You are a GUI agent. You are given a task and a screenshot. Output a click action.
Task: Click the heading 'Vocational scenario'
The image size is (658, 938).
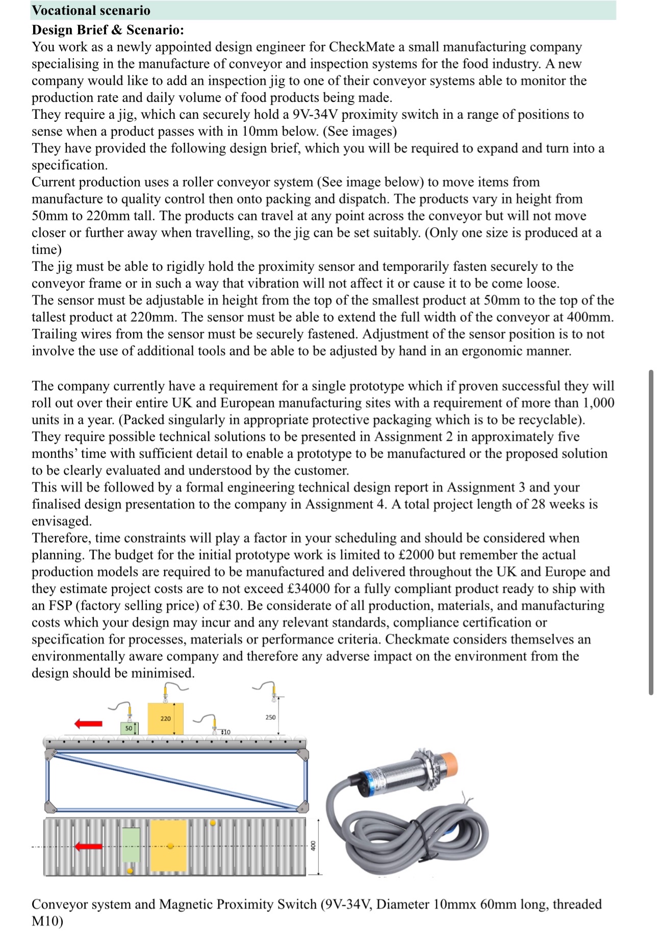(91, 10)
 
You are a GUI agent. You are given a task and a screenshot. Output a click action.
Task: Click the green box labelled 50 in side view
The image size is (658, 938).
(129, 728)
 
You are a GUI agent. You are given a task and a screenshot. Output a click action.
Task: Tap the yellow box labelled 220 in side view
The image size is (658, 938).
(165, 719)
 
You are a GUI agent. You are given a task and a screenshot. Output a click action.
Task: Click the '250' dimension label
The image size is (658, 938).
(270, 717)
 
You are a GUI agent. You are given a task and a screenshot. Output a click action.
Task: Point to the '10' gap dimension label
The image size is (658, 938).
(226, 732)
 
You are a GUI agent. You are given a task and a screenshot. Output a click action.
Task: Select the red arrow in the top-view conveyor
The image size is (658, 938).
(88, 847)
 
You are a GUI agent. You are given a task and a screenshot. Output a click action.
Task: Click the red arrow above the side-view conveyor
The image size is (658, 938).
(88, 723)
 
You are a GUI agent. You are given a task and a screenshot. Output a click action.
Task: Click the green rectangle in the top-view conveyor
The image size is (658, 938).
(131, 844)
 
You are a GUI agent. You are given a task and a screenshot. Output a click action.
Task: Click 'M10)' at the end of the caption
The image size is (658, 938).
(47, 921)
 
